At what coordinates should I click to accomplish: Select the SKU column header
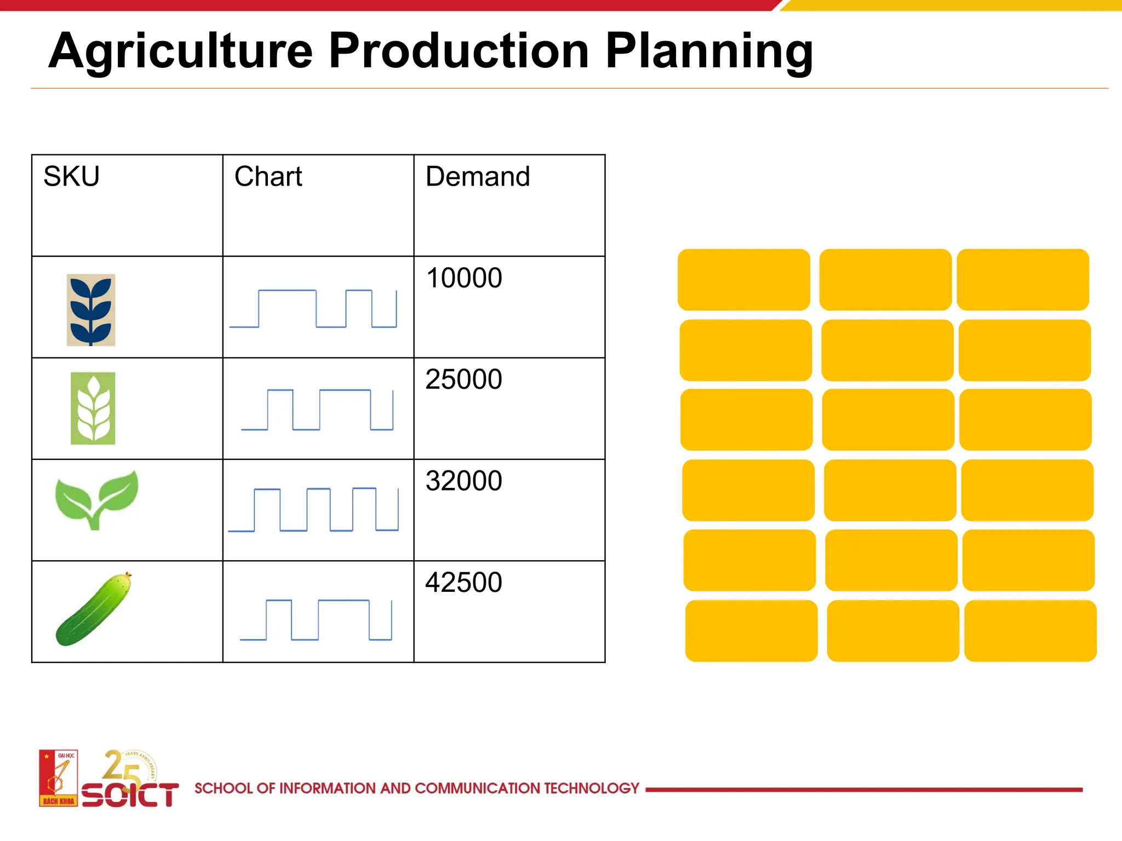(72, 177)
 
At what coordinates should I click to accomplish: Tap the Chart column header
(268, 177)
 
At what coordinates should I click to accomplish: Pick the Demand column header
(478, 177)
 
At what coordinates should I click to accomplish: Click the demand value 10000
(463, 278)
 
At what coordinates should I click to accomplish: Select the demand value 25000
(463, 379)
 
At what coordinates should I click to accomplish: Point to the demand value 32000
(463, 481)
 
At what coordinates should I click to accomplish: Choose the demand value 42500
(463, 582)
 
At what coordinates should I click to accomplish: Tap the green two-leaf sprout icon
(96, 499)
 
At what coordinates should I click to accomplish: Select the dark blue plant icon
(91, 310)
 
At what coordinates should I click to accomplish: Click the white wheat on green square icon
(93, 408)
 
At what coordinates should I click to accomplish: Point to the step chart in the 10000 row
(313, 309)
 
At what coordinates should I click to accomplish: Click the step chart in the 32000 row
(313, 509)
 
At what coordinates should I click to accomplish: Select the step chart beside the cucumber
(316, 620)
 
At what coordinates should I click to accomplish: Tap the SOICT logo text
(130, 794)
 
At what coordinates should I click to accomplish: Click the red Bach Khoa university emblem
(58, 778)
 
